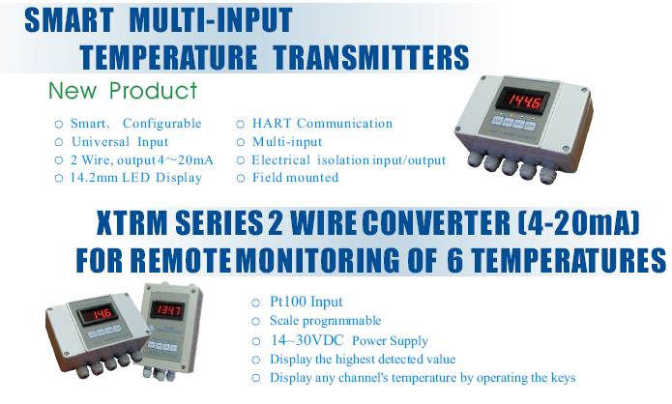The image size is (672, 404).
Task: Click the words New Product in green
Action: tap(123, 91)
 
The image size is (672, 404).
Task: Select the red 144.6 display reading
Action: tap(525, 101)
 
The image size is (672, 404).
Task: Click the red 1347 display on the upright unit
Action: tap(167, 309)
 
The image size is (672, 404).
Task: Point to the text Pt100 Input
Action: tap(306, 302)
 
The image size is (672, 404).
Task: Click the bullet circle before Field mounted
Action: tap(241, 178)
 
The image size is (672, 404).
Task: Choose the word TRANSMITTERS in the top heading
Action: tap(371, 57)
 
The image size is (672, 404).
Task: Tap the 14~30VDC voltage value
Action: tap(307, 340)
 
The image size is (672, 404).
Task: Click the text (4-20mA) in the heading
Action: tap(578, 222)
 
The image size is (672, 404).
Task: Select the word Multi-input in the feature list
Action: tap(287, 142)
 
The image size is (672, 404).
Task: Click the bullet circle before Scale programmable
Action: tap(256, 321)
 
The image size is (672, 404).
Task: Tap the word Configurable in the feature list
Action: tap(162, 124)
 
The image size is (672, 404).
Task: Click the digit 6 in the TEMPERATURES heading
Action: tap(455, 259)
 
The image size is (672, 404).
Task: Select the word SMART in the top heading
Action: tap(69, 19)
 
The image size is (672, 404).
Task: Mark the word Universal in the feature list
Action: tap(101, 142)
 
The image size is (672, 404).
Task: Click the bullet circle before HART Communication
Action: tap(241, 125)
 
